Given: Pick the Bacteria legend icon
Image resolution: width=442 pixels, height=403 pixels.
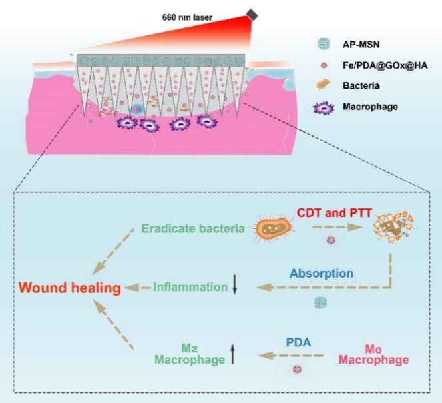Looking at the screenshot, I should pos(324,86).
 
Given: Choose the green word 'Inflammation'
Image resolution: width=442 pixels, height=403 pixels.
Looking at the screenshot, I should pos(190,287).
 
